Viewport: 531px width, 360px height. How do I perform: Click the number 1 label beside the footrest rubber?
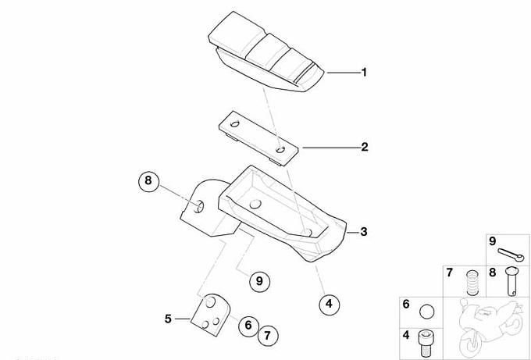(364, 72)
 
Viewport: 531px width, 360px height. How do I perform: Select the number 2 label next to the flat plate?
(365, 147)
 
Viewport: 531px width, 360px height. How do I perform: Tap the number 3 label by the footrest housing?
(364, 232)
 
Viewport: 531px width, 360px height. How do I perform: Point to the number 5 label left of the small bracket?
(168, 319)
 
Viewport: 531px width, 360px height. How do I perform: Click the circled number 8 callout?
(148, 181)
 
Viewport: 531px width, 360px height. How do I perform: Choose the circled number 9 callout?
(259, 281)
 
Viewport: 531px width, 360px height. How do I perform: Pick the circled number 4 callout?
(329, 304)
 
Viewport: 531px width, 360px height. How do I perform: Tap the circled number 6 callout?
(248, 326)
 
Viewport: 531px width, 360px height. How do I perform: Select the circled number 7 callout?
(268, 336)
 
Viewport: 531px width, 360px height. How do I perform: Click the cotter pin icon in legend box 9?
(511, 255)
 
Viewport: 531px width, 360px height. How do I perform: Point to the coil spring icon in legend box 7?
(472, 283)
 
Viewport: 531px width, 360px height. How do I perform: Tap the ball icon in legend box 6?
(426, 312)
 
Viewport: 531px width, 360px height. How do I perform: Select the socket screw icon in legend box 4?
(425, 342)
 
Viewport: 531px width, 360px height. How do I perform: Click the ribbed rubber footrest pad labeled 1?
(266, 52)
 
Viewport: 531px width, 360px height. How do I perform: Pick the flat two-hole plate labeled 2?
(258, 138)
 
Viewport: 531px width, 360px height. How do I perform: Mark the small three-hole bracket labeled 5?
(211, 315)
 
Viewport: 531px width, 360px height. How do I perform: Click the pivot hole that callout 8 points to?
(198, 207)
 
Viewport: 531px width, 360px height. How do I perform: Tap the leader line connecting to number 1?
(344, 73)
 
